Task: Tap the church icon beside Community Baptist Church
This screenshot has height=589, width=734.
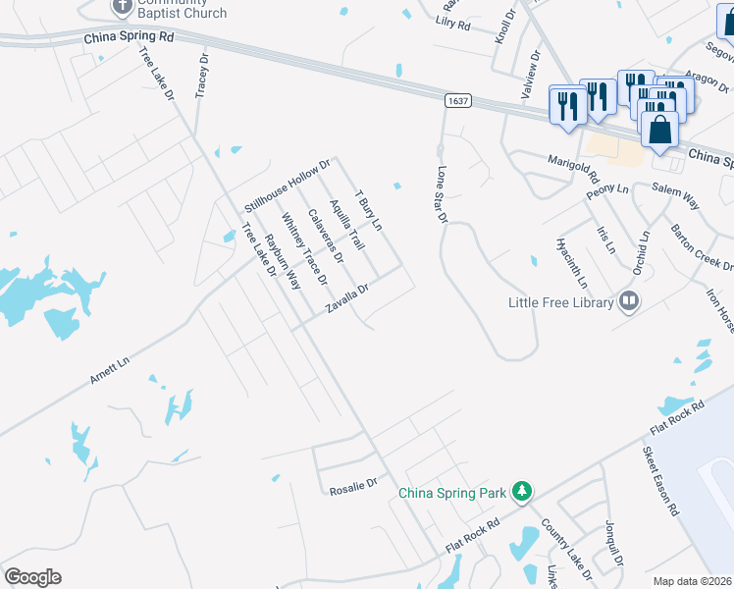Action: click(121, 6)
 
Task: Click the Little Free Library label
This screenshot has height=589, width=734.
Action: click(560, 302)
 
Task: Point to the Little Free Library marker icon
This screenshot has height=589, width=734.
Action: click(629, 301)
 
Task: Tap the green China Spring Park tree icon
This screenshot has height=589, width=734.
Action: click(524, 490)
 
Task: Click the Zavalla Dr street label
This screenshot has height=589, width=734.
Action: click(347, 299)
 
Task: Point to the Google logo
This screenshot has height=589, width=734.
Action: click(32, 577)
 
